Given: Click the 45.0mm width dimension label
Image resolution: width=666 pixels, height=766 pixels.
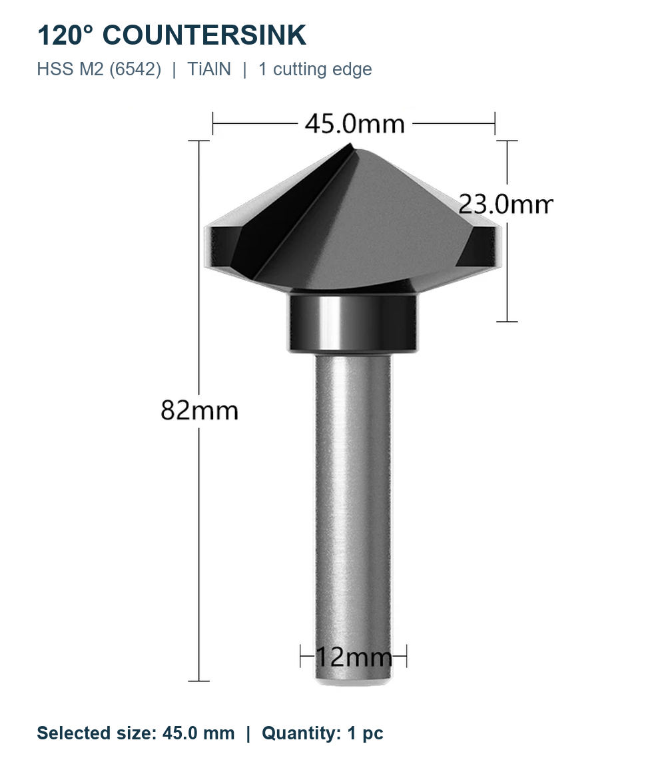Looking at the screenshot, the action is tap(355, 124).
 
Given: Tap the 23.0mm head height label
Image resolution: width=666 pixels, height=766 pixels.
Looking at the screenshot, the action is tap(505, 204).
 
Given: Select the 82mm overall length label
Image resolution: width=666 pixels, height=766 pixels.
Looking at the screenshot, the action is tap(199, 410).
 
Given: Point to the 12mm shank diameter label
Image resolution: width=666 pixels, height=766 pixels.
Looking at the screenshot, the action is tap(354, 657).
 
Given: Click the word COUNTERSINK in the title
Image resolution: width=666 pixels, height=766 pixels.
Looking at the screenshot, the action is tap(204, 35).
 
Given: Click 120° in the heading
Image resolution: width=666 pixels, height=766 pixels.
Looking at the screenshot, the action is tap(65, 35).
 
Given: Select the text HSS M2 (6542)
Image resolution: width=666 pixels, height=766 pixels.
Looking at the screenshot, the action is tap(99, 69).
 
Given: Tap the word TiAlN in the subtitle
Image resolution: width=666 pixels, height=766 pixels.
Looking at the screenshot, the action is tap(209, 69).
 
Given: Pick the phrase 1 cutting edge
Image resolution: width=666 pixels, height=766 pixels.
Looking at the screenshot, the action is tap(315, 69).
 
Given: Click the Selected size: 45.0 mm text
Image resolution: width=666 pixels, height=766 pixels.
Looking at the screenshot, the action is tap(136, 733).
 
